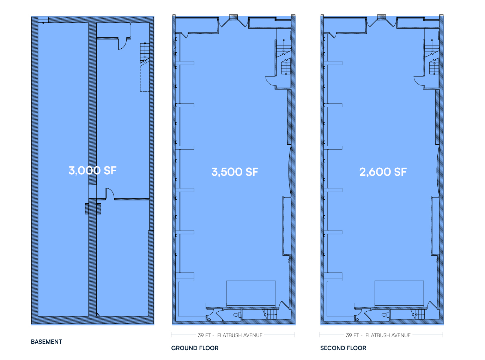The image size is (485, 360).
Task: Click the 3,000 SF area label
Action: (x=92, y=170)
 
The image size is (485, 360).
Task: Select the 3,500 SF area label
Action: (x=235, y=172)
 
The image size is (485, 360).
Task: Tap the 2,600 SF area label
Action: (x=383, y=172)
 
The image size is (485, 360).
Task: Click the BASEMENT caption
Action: (x=46, y=342)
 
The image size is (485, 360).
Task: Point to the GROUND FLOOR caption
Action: (x=195, y=348)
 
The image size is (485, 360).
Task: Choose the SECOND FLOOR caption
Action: (x=343, y=348)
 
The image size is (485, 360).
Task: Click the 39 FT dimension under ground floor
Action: (x=204, y=335)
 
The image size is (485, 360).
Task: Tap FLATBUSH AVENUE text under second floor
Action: (x=388, y=335)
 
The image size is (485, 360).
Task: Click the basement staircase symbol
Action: (x=145, y=53)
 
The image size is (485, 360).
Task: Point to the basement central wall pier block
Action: (x=93, y=209)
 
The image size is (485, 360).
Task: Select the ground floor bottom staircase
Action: (x=270, y=314)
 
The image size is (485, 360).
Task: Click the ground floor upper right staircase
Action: (x=283, y=57)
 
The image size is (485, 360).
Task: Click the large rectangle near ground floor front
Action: (x=251, y=293)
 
